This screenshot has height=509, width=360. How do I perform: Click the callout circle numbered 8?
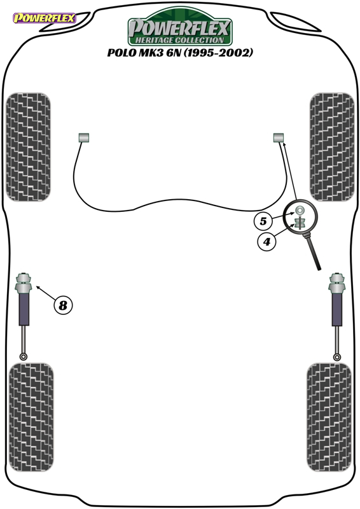tap(63, 305)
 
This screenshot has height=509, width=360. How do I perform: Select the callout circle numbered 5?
tap(263, 221)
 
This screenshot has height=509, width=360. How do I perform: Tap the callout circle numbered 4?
tap(267, 242)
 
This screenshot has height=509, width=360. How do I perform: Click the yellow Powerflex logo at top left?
tap(44, 18)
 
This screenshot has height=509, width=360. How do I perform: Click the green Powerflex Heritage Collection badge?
tap(180, 27)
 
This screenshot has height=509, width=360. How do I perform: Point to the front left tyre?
tap(29, 147)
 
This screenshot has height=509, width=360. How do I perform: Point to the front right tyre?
tap(332, 147)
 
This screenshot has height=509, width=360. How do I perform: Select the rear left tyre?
tap(31, 417)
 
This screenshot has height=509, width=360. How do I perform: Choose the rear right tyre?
tap(329, 417)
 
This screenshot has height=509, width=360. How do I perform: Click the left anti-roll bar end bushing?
tap(84, 137)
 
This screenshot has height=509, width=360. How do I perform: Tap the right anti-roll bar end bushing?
tap(279, 137)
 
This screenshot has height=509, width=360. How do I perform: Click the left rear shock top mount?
tap(24, 283)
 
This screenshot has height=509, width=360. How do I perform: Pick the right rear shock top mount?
tap(337, 283)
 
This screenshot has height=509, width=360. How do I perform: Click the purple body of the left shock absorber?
tap(24, 310)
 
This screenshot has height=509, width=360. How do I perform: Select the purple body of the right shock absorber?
tap(337, 310)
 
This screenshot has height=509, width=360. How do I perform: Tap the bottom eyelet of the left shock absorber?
tap(24, 357)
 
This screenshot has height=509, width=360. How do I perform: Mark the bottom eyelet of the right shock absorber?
tap(337, 357)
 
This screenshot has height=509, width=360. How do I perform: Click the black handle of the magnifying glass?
tap(314, 252)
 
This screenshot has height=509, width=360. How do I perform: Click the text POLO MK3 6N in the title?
tap(144, 53)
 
